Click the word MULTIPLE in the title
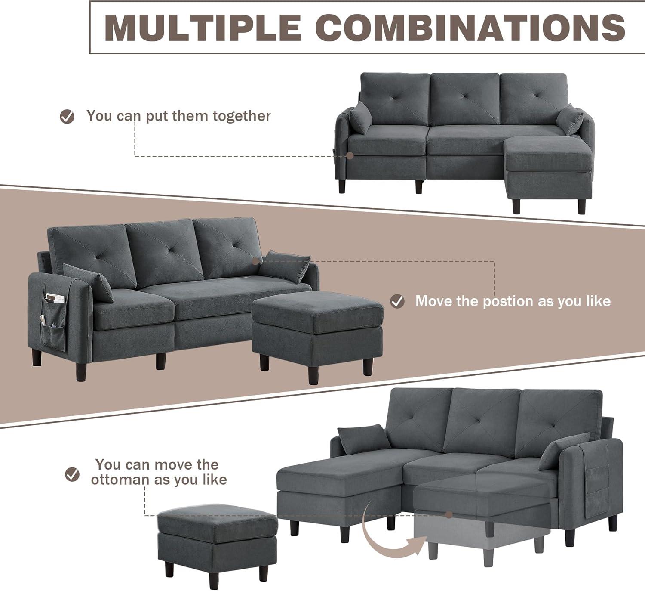point(203,27)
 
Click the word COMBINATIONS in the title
point(470,27)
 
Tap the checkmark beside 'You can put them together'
point(67,116)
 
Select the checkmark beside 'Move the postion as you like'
point(397,301)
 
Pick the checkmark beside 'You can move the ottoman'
point(72,474)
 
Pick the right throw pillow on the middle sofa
point(285,267)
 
